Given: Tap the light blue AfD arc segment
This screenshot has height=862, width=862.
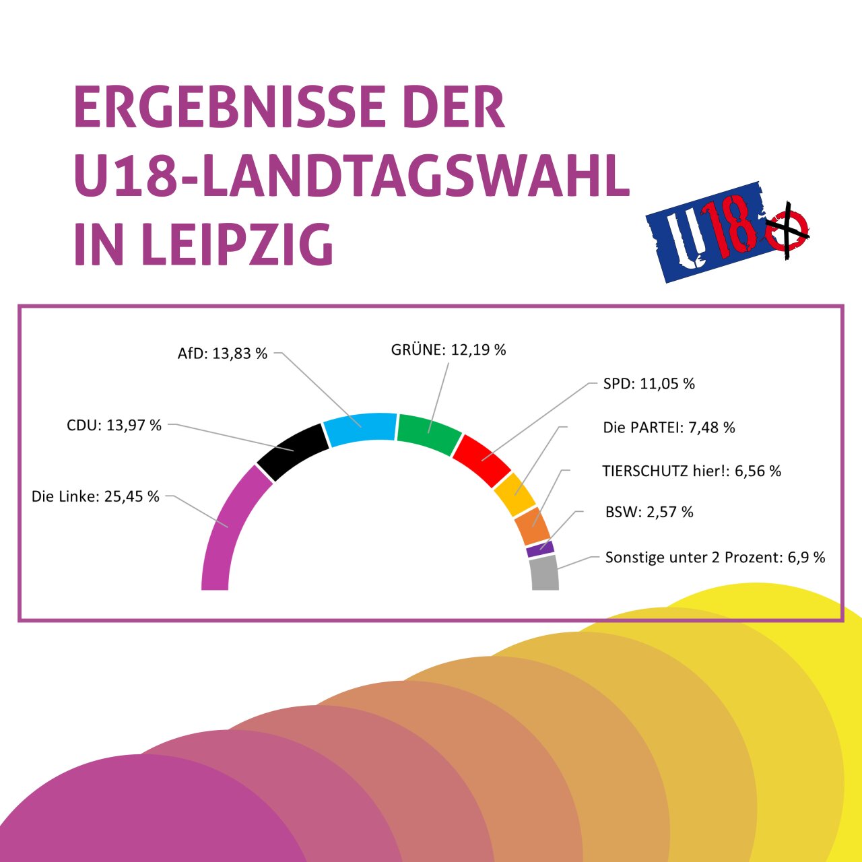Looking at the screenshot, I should point(360,428).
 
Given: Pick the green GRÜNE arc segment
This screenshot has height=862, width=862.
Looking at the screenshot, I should point(429,434).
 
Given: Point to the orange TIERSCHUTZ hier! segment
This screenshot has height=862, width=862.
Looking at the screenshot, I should point(532,525).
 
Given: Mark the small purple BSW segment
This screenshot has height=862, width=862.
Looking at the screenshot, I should point(540,549).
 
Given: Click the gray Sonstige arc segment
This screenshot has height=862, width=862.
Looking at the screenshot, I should point(544,574).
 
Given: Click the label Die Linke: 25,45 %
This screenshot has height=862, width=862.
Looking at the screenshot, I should point(96,497).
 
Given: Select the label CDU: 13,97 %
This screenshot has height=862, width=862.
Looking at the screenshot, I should point(114,426).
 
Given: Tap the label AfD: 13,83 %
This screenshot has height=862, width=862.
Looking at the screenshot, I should point(222,354).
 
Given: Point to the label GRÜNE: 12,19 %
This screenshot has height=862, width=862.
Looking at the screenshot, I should point(449,350).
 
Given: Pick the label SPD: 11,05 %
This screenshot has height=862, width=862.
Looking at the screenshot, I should point(649,384).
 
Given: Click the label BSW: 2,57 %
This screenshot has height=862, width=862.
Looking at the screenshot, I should point(649,512).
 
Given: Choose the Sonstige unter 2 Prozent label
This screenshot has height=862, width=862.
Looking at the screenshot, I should point(715,558).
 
